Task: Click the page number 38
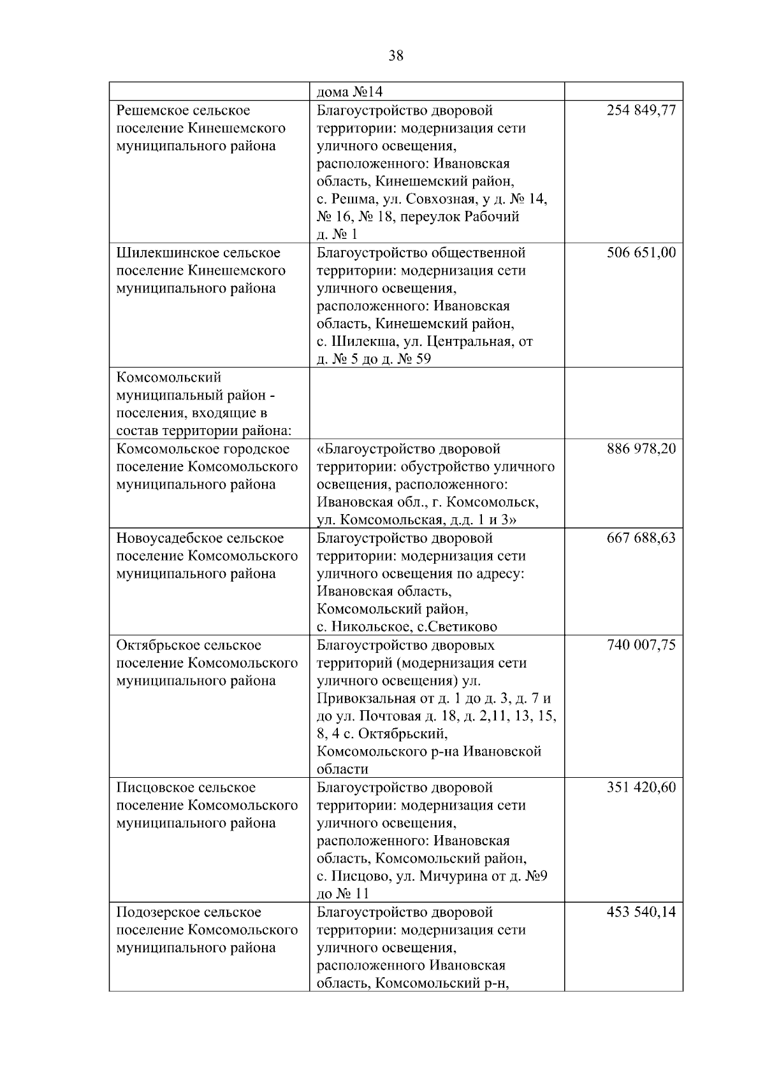pyautogui.click(x=396, y=56)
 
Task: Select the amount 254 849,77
pyautogui.click(x=641, y=110)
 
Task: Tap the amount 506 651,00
pyautogui.click(x=641, y=253)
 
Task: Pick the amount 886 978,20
pyautogui.click(x=641, y=449)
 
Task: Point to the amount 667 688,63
pyautogui.click(x=641, y=538)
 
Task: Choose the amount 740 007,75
pyautogui.click(x=641, y=645)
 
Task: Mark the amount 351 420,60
pyautogui.click(x=641, y=788)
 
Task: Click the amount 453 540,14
pyautogui.click(x=641, y=912)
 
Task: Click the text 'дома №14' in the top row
pyautogui.click(x=349, y=92)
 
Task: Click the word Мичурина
pyautogui.click(x=451, y=877)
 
